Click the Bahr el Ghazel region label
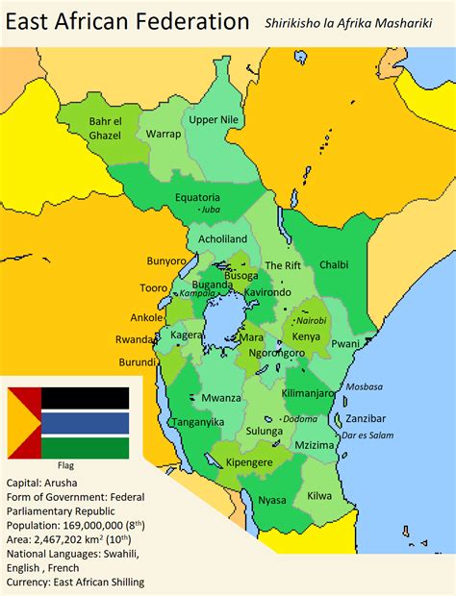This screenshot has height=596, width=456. tap(106, 128)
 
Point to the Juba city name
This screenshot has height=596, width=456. tap(210, 208)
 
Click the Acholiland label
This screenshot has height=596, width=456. tap(222, 238)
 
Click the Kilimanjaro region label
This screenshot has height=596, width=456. tap(309, 393)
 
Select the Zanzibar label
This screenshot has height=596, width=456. tap(366, 418)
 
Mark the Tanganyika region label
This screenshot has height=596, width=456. tap(196, 421)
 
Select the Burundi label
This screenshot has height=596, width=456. tap(137, 362)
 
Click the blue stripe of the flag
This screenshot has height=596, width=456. tap(85, 423)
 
